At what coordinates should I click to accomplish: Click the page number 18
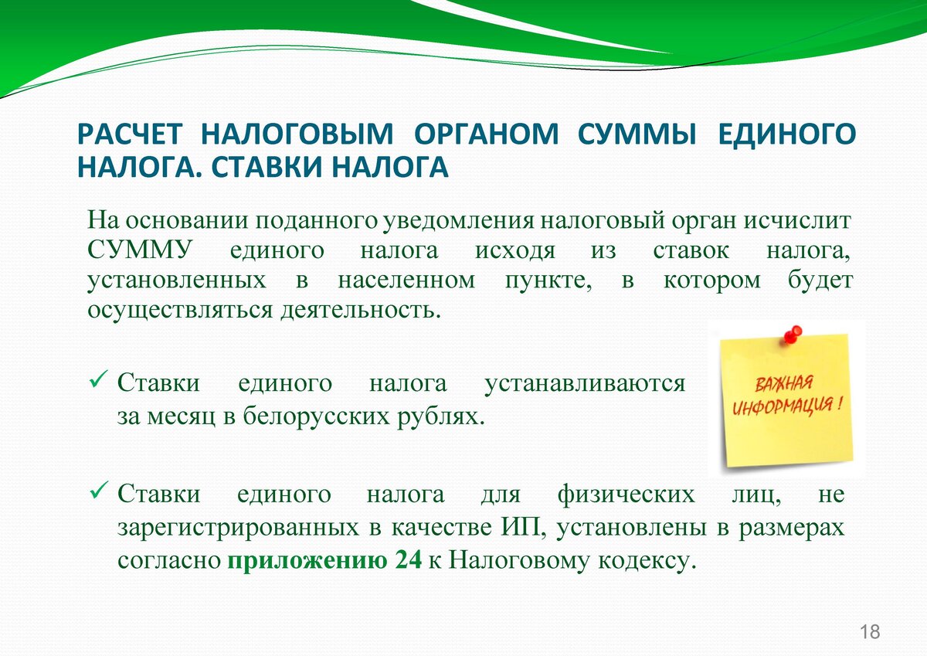pyautogui.click(x=870, y=632)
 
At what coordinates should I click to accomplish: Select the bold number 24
pyautogui.click(x=409, y=560)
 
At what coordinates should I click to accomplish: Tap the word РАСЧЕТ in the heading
pyautogui.click(x=130, y=134)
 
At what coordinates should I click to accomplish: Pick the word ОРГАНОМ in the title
pyautogui.click(x=486, y=134)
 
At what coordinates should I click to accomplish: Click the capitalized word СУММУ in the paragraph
pyautogui.click(x=141, y=250)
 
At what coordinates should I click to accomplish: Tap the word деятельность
pyautogui.click(x=361, y=311)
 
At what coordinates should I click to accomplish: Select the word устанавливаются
pyautogui.click(x=585, y=384)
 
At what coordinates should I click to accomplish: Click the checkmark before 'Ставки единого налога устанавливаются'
pyautogui.click(x=99, y=379)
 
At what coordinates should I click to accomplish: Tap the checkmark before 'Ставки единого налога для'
pyautogui.click(x=99, y=490)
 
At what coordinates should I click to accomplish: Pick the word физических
pyautogui.click(x=626, y=495)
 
